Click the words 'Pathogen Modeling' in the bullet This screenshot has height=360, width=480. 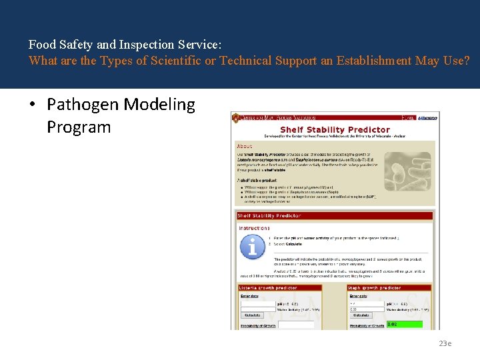click(x=121, y=105)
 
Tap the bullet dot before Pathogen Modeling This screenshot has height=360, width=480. click(x=32, y=105)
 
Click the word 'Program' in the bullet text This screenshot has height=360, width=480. click(x=79, y=127)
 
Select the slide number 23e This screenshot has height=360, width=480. click(x=445, y=343)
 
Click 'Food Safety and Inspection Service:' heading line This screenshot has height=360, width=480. click(x=125, y=45)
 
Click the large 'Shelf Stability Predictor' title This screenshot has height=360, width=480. click(x=335, y=129)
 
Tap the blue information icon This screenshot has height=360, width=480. click(x=252, y=247)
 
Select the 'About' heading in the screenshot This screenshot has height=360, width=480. click(x=244, y=146)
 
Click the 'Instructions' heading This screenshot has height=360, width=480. click(x=254, y=228)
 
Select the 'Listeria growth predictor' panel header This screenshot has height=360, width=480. click(x=268, y=288)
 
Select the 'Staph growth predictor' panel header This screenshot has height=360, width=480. click(x=374, y=288)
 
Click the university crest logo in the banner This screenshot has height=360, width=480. click(x=235, y=117)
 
